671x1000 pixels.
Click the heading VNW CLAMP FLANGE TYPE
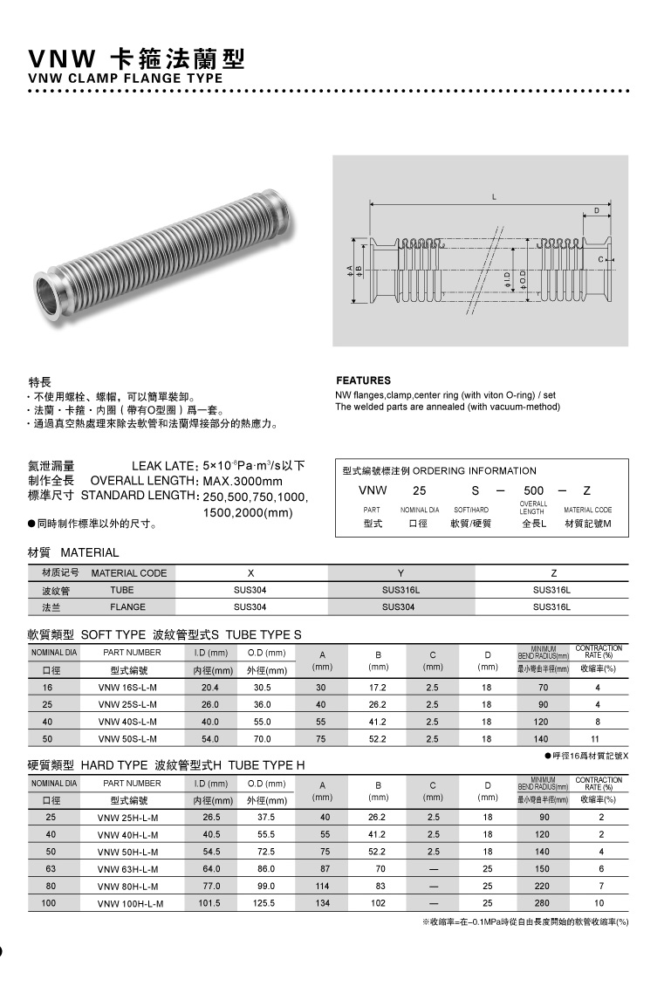(x=126, y=78)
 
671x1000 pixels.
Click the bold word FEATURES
(x=363, y=380)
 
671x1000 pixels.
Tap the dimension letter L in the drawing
(x=494, y=196)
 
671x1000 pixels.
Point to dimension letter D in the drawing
(x=597, y=211)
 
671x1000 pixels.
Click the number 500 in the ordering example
(x=533, y=490)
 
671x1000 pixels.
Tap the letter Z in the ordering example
(x=587, y=490)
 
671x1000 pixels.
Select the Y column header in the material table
(x=401, y=573)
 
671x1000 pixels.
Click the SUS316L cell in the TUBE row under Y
(x=401, y=590)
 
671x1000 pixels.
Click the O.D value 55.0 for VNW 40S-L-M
(x=262, y=722)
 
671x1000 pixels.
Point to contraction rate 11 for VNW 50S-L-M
(x=598, y=738)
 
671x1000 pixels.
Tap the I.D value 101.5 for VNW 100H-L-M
(x=209, y=903)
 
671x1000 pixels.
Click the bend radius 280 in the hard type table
(x=542, y=903)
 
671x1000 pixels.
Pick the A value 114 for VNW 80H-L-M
(x=323, y=886)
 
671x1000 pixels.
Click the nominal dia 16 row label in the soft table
(x=47, y=688)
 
